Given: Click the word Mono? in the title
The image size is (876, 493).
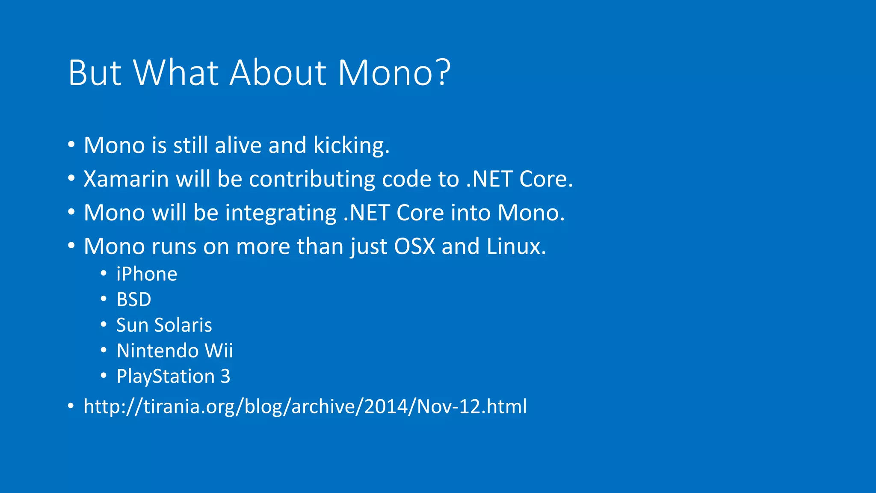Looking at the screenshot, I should pos(394,73).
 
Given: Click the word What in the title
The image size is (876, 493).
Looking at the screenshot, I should pos(176,73).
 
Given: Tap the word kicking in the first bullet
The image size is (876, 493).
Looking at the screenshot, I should pos(351,146).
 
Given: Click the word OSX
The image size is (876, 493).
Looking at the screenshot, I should pos(414,246).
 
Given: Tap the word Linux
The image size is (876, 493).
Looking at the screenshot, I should pos(516,246).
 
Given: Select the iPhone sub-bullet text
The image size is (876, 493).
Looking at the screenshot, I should pos(147,274).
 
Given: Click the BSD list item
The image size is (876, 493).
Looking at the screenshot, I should pos(134,300).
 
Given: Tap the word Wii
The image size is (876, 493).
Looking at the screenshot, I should pos(219,351).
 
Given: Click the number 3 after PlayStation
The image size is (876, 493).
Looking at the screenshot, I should pos(225,377).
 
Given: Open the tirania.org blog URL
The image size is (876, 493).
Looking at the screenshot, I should pos(305,407).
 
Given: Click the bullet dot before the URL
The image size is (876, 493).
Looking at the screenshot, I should pos(71,406).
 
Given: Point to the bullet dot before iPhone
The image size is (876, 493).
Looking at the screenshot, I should pos(104,273).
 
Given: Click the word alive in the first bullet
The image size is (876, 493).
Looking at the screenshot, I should pos(238,146).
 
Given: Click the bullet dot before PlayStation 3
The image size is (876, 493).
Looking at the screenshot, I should pos(104,376).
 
